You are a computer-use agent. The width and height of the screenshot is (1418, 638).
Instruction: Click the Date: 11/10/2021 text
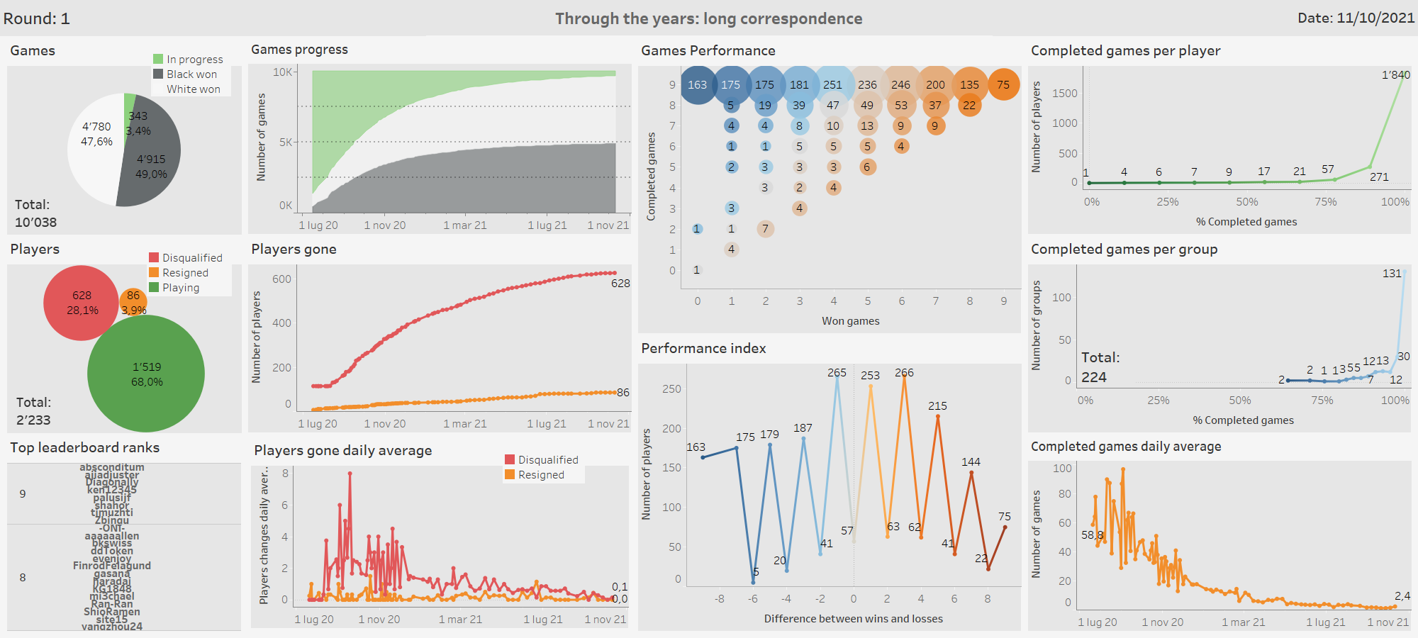1356,18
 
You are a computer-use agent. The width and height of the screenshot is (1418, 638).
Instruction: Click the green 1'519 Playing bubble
146,374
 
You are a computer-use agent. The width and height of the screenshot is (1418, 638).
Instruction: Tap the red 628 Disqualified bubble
82,303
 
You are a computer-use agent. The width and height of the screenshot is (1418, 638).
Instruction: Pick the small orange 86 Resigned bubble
133,300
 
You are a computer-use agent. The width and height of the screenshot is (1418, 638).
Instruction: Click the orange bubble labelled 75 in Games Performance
1003,84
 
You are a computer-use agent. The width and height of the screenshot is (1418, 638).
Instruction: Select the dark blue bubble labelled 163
698,84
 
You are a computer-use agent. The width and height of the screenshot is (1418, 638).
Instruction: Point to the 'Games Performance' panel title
708,51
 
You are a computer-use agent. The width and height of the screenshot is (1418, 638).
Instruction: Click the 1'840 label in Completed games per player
1395,75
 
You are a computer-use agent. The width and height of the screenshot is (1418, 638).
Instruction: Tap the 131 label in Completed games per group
1392,274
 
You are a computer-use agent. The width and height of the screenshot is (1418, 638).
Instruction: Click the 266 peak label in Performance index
904,373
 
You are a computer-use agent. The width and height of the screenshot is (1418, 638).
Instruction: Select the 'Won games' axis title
850,321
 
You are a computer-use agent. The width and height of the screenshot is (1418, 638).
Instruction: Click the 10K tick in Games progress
282,72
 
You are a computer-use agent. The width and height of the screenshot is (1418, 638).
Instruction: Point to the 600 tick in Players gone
281,279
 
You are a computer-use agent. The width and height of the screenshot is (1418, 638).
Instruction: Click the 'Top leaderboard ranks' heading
84,448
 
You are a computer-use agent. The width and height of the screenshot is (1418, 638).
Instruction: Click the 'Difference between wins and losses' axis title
853,619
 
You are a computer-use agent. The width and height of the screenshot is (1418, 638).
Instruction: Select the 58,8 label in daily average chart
1092,535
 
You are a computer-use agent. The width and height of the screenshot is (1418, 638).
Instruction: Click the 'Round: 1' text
36,18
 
